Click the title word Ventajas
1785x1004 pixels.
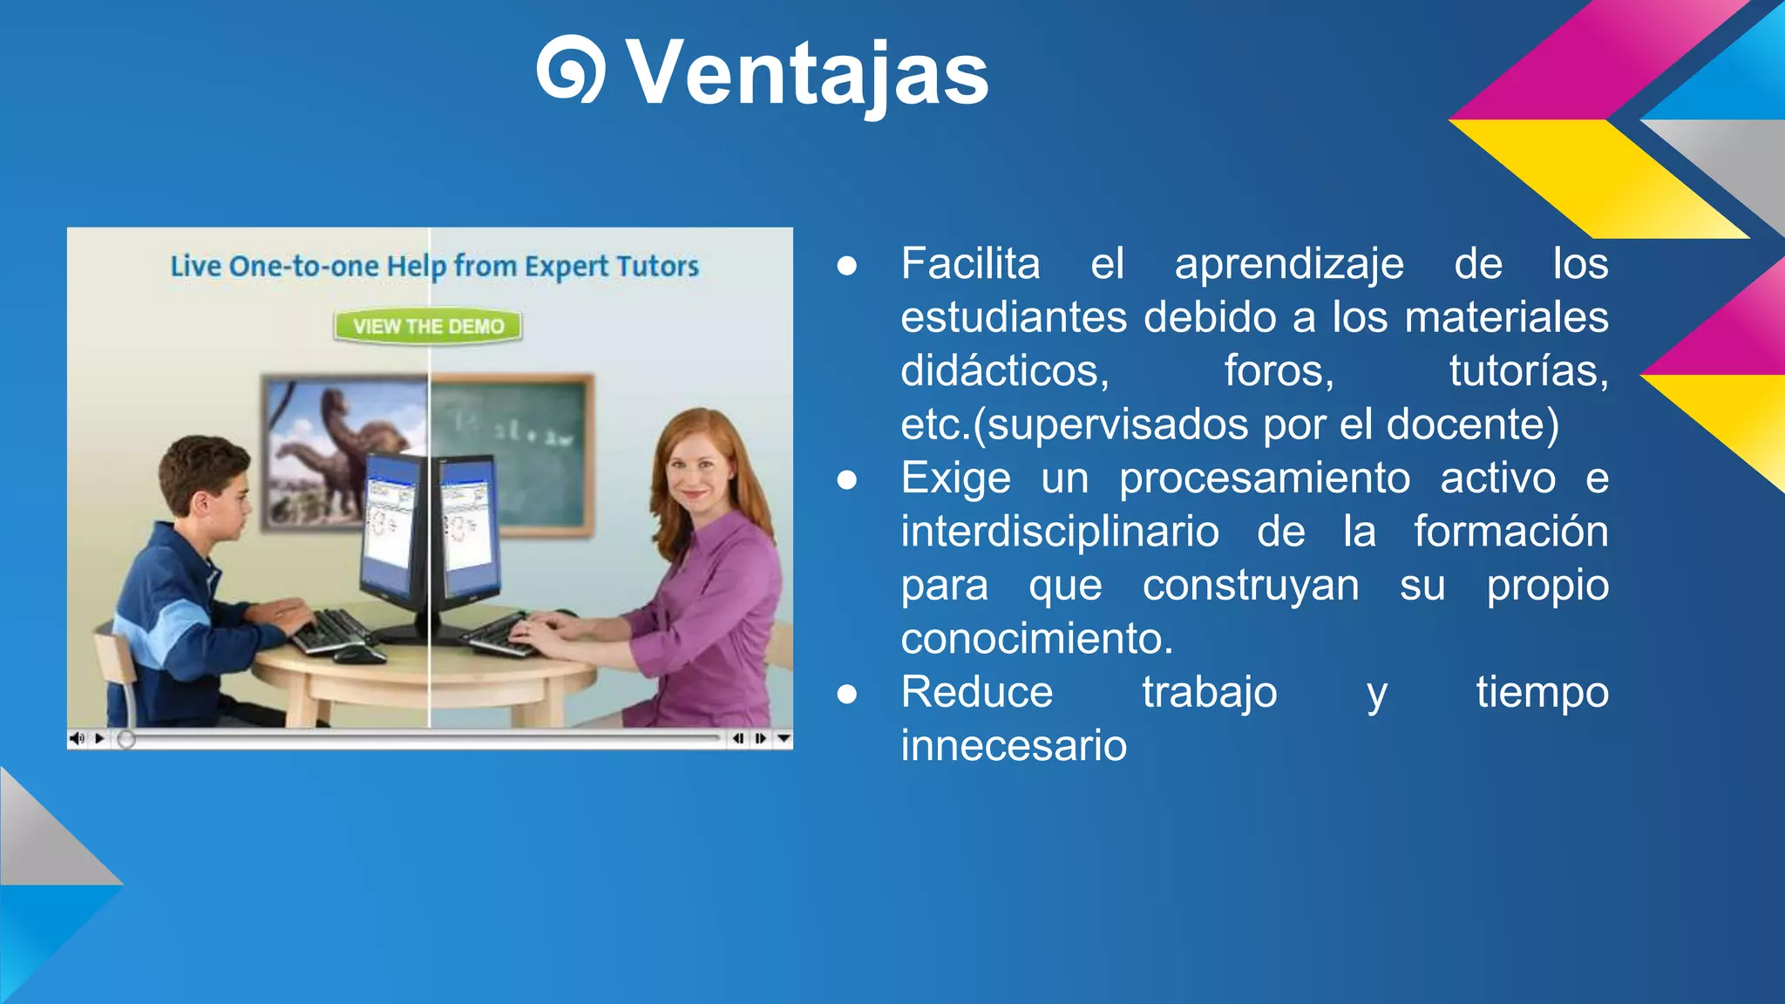pos(807,73)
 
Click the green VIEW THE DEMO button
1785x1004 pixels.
pos(428,326)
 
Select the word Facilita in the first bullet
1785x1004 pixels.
pos(970,263)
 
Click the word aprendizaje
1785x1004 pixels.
pos(1289,263)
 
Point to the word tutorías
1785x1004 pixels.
pos(1528,370)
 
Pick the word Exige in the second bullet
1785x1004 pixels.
pos(955,478)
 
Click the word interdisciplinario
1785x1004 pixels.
pos(1060,532)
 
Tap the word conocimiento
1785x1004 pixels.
pos(1036,639)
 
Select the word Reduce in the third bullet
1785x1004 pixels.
pos(977,693)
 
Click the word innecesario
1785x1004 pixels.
pos(1014,746)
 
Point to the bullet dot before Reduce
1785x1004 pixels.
pos(846,695)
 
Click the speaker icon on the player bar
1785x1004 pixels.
pos(78,738)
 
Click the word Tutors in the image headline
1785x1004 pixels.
pos(657,266)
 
